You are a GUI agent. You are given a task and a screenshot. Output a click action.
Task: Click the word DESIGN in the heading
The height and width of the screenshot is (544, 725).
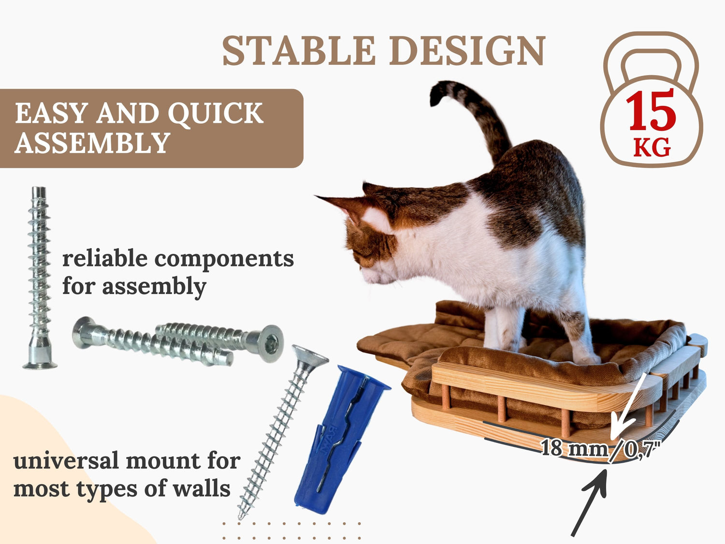click(467, 51)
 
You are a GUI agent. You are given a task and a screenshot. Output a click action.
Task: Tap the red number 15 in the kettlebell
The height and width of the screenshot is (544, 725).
click(651, 110)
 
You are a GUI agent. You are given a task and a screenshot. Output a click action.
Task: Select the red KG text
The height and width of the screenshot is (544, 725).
click(652, 147)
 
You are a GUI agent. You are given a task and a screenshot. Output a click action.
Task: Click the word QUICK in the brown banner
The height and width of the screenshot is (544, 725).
click(216, 113)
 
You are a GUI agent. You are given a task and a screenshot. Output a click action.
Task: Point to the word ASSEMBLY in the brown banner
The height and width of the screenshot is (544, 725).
click(92, 143)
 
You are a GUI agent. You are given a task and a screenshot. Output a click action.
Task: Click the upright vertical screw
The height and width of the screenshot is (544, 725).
click(40, 278)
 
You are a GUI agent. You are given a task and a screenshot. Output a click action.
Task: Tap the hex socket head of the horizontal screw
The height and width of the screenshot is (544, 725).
click(270, 344)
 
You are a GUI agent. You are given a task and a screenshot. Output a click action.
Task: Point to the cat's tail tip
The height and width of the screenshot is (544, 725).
click(436, 93)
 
